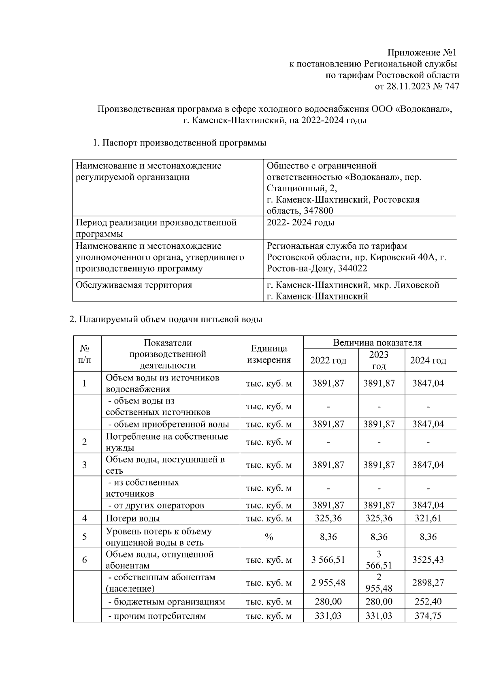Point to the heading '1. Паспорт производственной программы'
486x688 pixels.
180,143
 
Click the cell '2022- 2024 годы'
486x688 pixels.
301,222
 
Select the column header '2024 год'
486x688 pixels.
428,360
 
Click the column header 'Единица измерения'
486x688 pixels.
269,354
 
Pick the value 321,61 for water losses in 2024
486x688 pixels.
428,518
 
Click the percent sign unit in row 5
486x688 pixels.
269,537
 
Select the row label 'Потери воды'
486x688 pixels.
133,518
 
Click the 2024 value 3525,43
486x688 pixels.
428,560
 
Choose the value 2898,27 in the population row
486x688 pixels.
428,583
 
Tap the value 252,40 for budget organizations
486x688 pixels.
428,602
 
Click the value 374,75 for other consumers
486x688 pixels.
428,616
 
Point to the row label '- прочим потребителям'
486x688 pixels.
157,616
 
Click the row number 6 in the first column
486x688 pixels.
85,560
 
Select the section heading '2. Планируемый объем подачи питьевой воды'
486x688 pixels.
166,319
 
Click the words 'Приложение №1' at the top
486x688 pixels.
422,53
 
